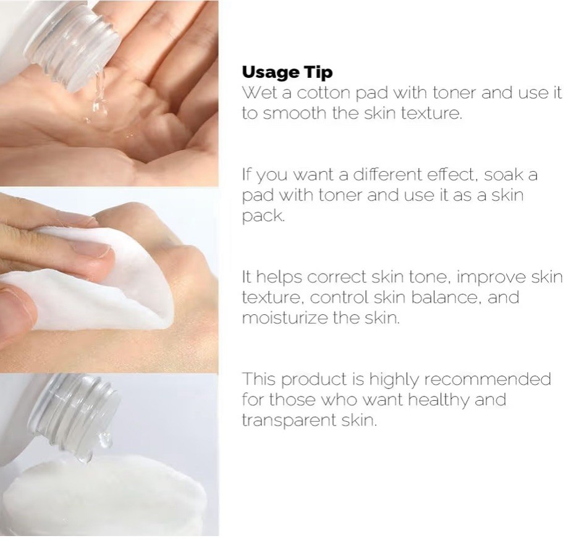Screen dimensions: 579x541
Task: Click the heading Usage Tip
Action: coord(287,72)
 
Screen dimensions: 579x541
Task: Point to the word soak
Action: coord(502,174)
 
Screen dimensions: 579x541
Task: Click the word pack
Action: coord(263,216)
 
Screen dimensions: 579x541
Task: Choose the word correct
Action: coord(337,277)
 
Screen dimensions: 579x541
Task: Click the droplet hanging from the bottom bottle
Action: coord(105,440)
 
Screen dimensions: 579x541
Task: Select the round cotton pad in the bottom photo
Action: coord(103,495)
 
